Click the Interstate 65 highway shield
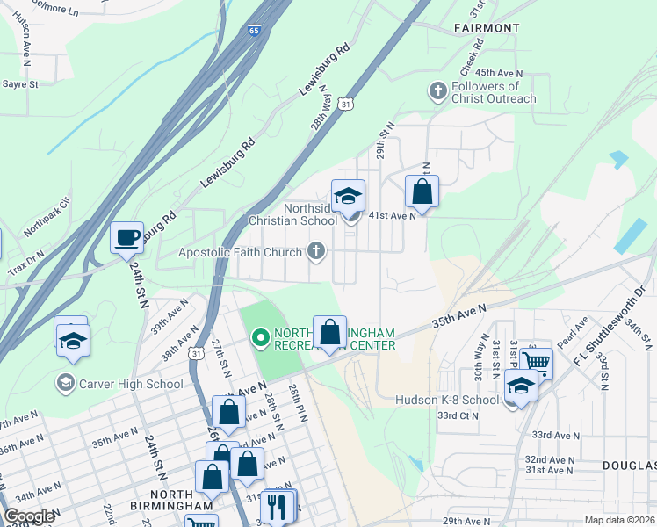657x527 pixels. tap(253, 31)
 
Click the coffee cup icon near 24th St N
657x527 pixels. tap(126, 236)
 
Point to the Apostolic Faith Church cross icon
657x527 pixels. tap(316, 252)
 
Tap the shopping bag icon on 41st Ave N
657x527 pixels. tap(422, 191)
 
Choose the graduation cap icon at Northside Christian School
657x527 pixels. tap(348, 196)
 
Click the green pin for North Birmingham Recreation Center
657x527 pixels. tap(260, 337)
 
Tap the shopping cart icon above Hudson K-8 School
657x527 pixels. tap(535, 361)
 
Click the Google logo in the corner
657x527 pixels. tap(29, 516)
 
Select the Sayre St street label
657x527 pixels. tap(20, 84)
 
